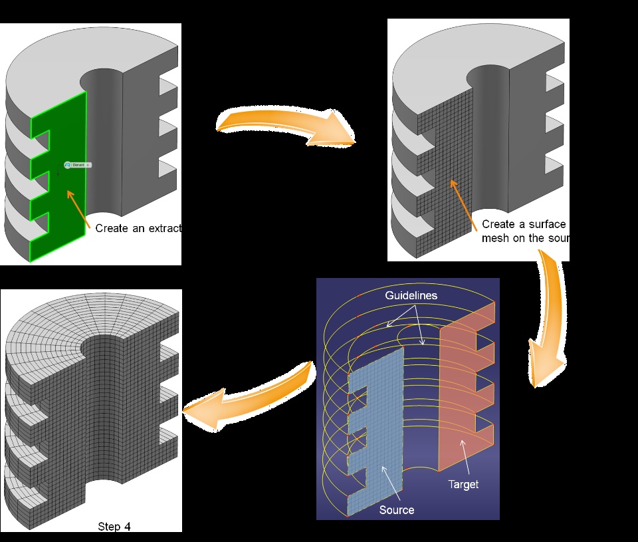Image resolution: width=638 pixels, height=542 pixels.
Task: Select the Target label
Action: [x=463, y=484]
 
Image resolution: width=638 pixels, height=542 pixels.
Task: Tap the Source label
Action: [x=396, y=510]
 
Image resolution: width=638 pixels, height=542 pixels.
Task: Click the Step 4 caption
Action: [x=114, y=527]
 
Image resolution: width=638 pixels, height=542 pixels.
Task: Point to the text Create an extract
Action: [x=138, y=228]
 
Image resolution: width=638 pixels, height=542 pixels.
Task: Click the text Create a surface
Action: [x=523, y=224]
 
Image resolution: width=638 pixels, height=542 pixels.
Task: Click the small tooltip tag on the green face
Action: [x=78, y=164]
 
